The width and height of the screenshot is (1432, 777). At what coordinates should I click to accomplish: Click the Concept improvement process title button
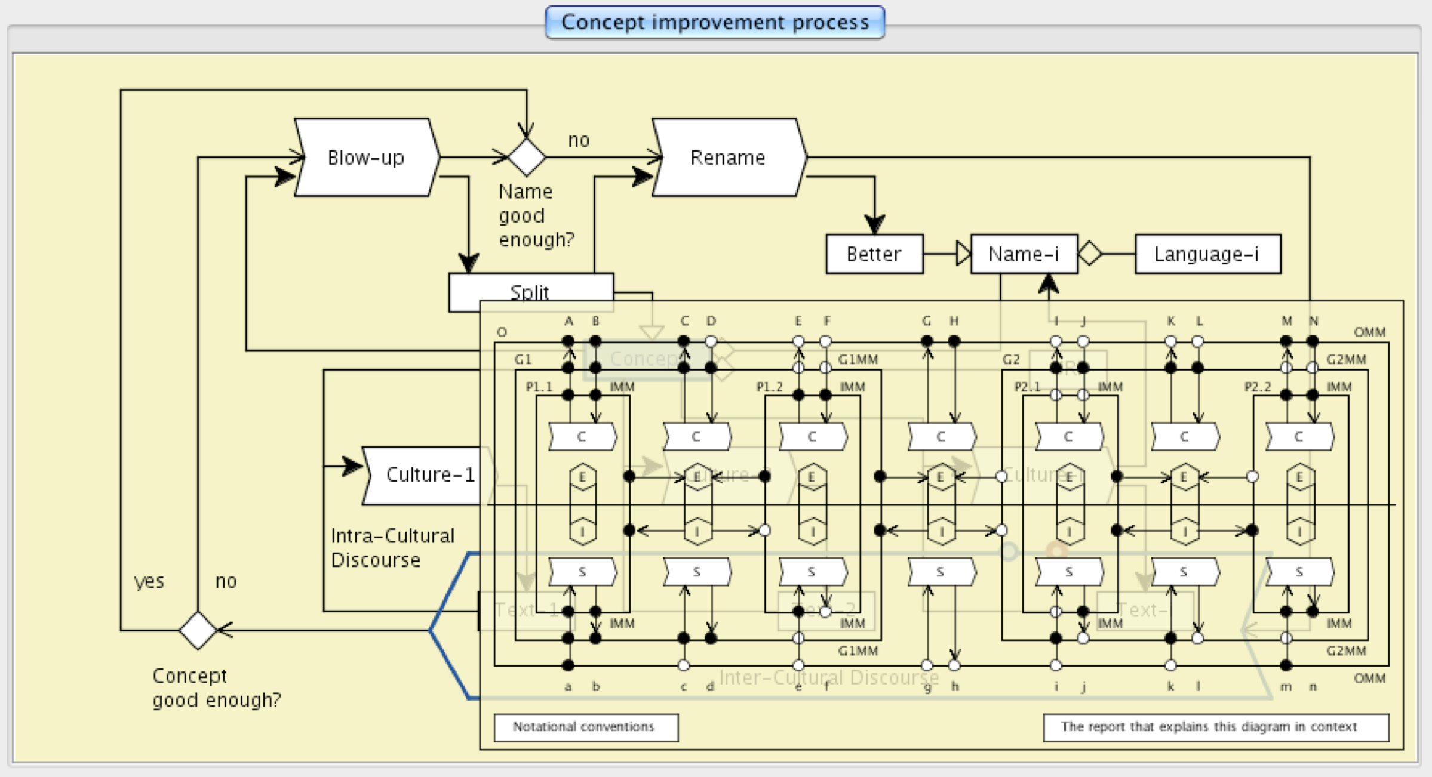tap(715, 23)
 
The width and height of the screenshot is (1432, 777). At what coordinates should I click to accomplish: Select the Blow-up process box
tap(366, 158)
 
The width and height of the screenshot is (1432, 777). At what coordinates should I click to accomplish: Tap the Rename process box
tap(728, 158)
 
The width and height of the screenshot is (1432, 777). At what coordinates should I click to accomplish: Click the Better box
tap(874, 254)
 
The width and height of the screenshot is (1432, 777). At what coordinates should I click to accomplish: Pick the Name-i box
tap(1024, 254)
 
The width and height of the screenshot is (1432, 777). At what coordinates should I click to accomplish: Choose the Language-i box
tap(1207, 254)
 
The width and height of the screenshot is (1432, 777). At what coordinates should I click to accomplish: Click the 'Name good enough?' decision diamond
tap(527, 158)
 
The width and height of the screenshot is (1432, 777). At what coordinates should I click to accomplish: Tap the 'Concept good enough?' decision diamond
tap(198, 630)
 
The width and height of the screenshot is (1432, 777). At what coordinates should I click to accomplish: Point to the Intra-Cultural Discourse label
tap(392, 548)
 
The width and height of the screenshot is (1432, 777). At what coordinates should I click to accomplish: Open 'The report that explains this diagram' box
tap(1215, 727)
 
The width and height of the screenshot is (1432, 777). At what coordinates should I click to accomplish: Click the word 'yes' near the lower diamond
tap(149, 581)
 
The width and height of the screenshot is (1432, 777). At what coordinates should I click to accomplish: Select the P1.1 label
tap(539, 387)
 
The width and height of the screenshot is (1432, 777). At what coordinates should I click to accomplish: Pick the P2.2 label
tap(1258, 387)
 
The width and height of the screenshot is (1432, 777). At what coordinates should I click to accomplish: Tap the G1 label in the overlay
tap(523, 359)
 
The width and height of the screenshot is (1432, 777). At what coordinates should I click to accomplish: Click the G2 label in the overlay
tap(1010, 359)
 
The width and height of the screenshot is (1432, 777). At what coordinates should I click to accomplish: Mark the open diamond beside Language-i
tap(1090, 254)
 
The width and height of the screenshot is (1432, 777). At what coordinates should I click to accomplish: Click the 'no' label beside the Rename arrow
tap(578, 140)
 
